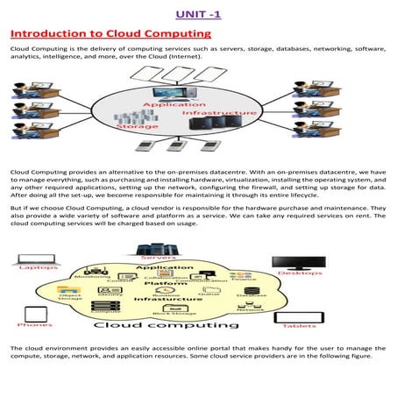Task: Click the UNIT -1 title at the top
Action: click(199, 13)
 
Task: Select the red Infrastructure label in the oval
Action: click(220, 113)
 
